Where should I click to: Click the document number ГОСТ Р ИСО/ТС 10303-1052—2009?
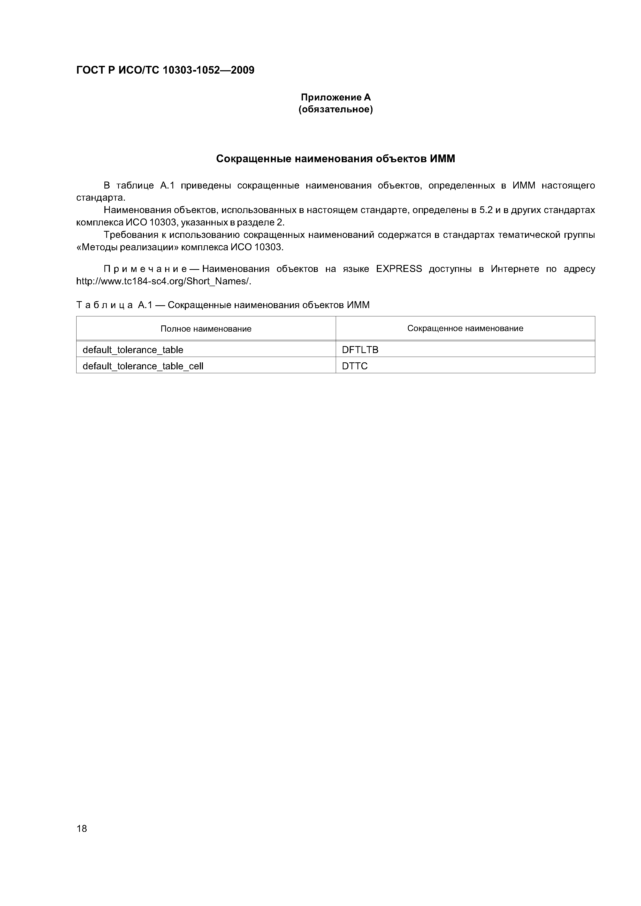(x=165, y=70)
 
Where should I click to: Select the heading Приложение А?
(x=336, y=97)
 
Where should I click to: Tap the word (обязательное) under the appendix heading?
(x=336, y=109)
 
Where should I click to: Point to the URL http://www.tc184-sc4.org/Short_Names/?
(x=164, y=281)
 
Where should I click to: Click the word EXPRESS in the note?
(x=399, y=269)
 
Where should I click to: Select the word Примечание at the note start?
(x=151, y=269)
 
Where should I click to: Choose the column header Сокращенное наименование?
(x=465, y=328)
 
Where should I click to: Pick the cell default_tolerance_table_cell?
(x=143, y=366)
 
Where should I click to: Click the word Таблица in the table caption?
(x=104, y=305)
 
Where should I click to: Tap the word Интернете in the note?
(x=515, y=269)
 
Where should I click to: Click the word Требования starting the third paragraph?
(x=132, y=235)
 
